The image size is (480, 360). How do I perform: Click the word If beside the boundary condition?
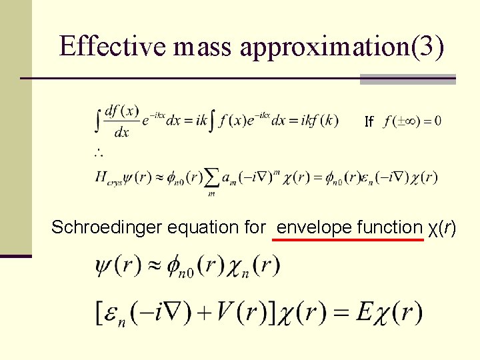tap(369, 122)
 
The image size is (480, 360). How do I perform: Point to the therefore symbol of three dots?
tap(98, 154)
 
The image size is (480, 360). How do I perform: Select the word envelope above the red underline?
tap(314, 227)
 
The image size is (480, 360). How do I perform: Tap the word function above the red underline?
tap(389, 227)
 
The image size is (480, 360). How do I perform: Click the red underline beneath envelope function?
tap(349, 239)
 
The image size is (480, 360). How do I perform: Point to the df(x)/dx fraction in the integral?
tap(121, 122)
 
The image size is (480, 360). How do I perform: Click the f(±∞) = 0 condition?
tap(413, 121)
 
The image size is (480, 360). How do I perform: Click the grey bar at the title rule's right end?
tap(407, 79)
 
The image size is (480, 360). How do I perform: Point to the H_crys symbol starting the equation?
tap(107, 178)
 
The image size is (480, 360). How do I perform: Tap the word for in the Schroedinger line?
tap(255, 227)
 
